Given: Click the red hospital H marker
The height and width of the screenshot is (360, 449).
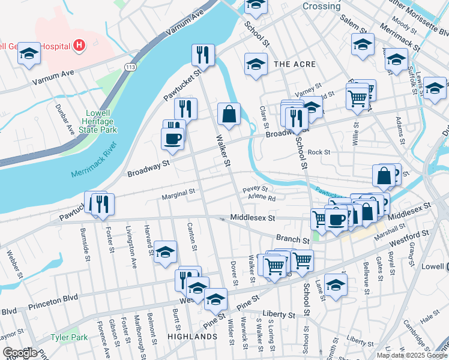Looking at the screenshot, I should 79,45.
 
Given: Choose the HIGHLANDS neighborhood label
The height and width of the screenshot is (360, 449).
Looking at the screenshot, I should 192,337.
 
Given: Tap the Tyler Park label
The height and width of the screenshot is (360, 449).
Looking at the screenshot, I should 69,337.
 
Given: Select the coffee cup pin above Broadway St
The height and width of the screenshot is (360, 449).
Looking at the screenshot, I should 173,139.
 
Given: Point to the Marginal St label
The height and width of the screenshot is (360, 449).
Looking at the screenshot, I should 178,193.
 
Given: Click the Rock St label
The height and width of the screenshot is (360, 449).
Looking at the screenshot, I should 319,152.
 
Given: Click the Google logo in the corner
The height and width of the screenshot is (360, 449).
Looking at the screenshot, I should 19,353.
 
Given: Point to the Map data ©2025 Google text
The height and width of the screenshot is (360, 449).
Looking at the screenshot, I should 411,355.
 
